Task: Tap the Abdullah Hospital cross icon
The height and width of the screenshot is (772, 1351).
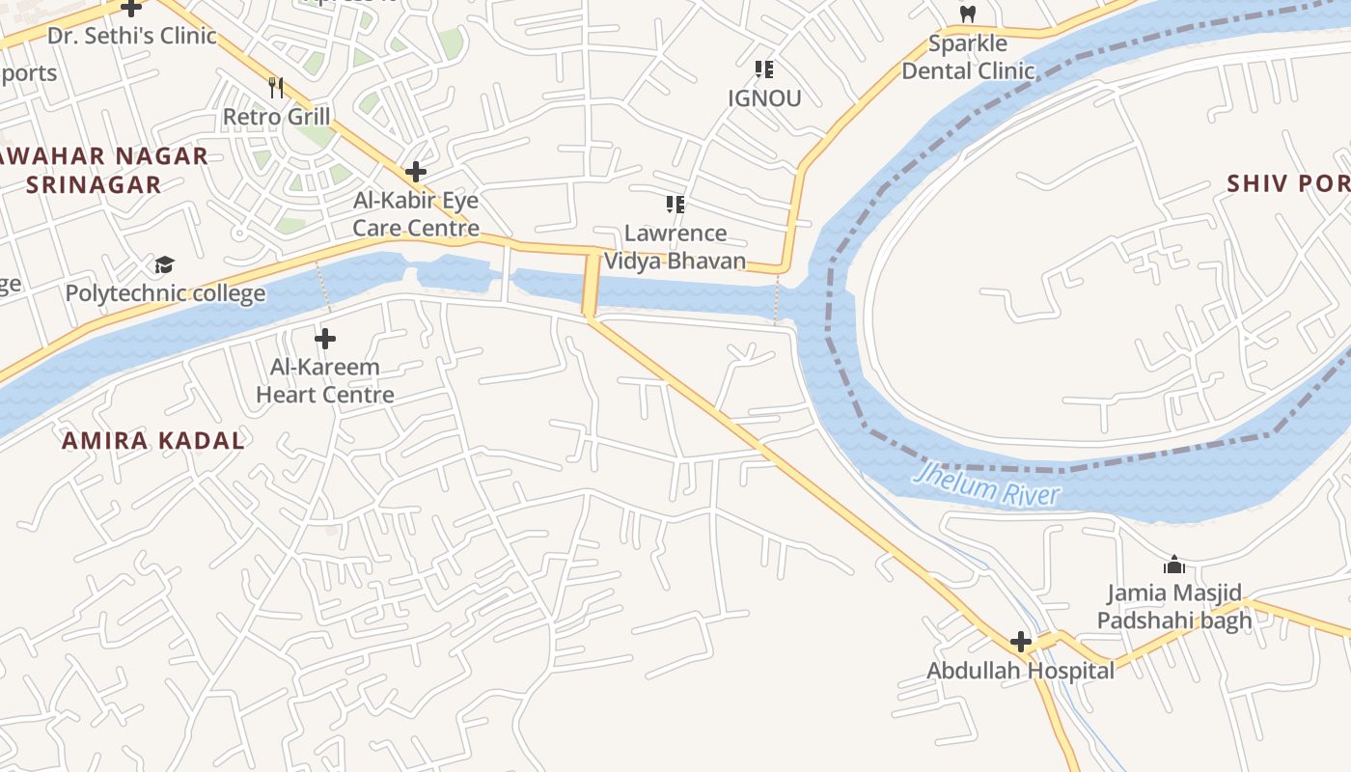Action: (x=1020, y=642)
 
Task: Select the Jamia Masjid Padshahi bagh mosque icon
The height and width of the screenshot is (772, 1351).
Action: (x=1173, y=565)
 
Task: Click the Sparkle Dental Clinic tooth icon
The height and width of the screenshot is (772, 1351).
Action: (x=967, y=14)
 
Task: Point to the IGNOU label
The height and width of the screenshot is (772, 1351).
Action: (x=764, y=97)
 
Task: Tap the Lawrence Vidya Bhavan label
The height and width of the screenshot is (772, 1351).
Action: (x=675, y=247)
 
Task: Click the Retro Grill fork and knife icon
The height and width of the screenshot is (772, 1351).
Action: (x=276, y=88)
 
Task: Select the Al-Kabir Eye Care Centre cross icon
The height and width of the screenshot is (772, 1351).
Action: (x=415, y=173)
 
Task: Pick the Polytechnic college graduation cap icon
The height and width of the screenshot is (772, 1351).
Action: (x=164, y=265)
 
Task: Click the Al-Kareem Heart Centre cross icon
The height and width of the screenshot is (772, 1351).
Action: (x=325, y=339)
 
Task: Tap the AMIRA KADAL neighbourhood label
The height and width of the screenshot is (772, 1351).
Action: (x=152, y=441)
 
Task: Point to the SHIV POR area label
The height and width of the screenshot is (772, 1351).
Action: (x=1288, y=183)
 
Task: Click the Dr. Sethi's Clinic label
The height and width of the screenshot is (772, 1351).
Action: (x=132, y=37)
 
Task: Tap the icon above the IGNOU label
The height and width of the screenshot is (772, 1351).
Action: (x=764, y=69)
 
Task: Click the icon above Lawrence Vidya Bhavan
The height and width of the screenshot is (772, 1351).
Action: (x=675, y=205)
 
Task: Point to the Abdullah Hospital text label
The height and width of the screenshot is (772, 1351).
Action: (x=1020, y=671)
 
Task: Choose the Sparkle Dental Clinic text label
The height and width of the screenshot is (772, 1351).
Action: (x=968, y=57)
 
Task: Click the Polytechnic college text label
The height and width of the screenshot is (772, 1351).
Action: (x=165, y=293)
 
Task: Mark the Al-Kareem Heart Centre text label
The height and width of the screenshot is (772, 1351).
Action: (x=325, y=381)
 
